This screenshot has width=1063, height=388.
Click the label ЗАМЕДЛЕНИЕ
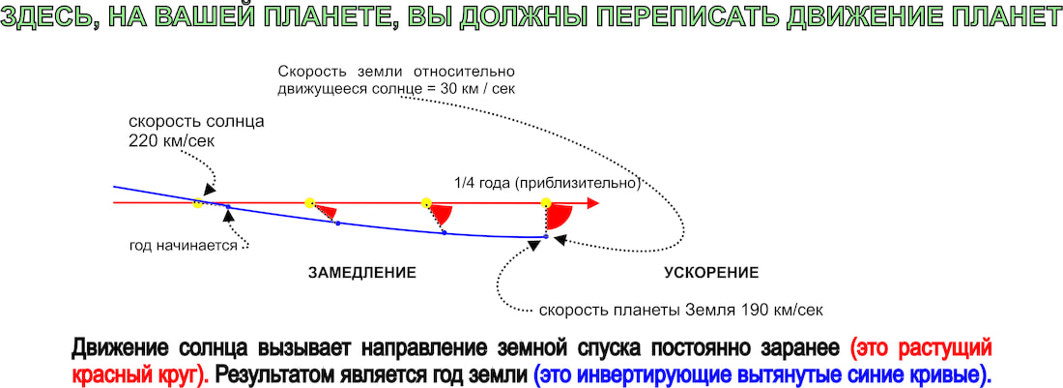(x=361, y=274)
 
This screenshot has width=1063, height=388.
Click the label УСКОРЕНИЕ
(x=711, y=274)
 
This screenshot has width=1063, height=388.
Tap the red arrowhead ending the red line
(x=593, y=203)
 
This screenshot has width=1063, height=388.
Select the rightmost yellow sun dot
(x=546, y=203)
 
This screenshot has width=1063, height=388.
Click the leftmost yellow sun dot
(x=197, y=202)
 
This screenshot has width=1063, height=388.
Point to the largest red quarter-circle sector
(x=559, y=217)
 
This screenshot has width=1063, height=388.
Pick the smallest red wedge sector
(x=326, y=210)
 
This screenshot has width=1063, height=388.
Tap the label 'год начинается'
(x=183, y=246)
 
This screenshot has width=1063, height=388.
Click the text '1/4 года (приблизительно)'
(x=547, y=183)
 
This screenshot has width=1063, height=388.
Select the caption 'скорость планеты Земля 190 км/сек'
(x=680, y=312)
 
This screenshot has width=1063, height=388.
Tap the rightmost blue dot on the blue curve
(x=546, y=236)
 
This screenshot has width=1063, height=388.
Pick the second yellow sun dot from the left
(x=310, y=202)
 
